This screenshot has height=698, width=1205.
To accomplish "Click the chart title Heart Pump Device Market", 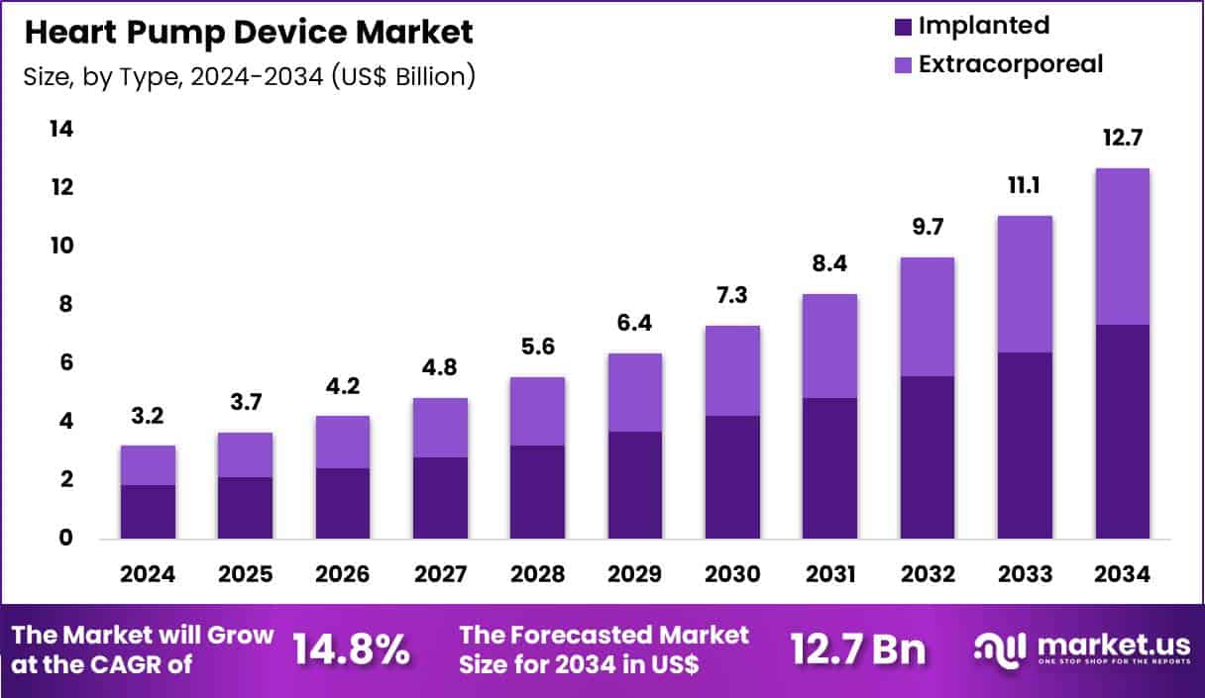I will pos(249,32).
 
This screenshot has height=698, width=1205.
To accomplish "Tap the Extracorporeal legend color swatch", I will pos(901,65).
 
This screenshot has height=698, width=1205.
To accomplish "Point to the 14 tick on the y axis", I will pos(61,130).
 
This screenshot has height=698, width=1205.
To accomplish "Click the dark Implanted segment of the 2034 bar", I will pos(1122,432).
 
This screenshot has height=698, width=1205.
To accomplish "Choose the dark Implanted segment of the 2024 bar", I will pos(148,512).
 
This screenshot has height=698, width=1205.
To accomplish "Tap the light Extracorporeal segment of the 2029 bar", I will pos(634,392).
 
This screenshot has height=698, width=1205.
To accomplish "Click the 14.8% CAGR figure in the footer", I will pos(352,649).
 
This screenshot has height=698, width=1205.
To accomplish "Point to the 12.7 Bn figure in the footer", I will pos(858,649).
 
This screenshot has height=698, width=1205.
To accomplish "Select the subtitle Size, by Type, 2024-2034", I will pos(249,76).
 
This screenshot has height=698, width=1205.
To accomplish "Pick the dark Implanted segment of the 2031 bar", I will pos(829,468).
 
